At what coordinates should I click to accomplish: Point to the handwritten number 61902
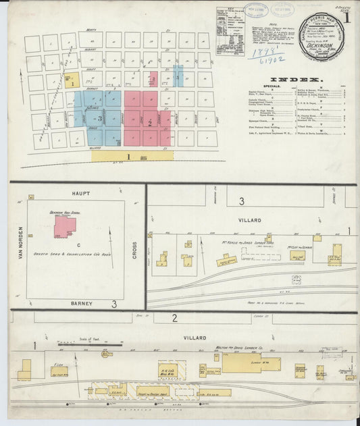(268, 59)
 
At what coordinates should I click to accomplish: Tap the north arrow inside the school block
(111, 238)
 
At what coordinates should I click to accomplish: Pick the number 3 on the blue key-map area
(99, 118)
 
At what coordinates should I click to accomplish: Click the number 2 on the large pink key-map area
(149, 122)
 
